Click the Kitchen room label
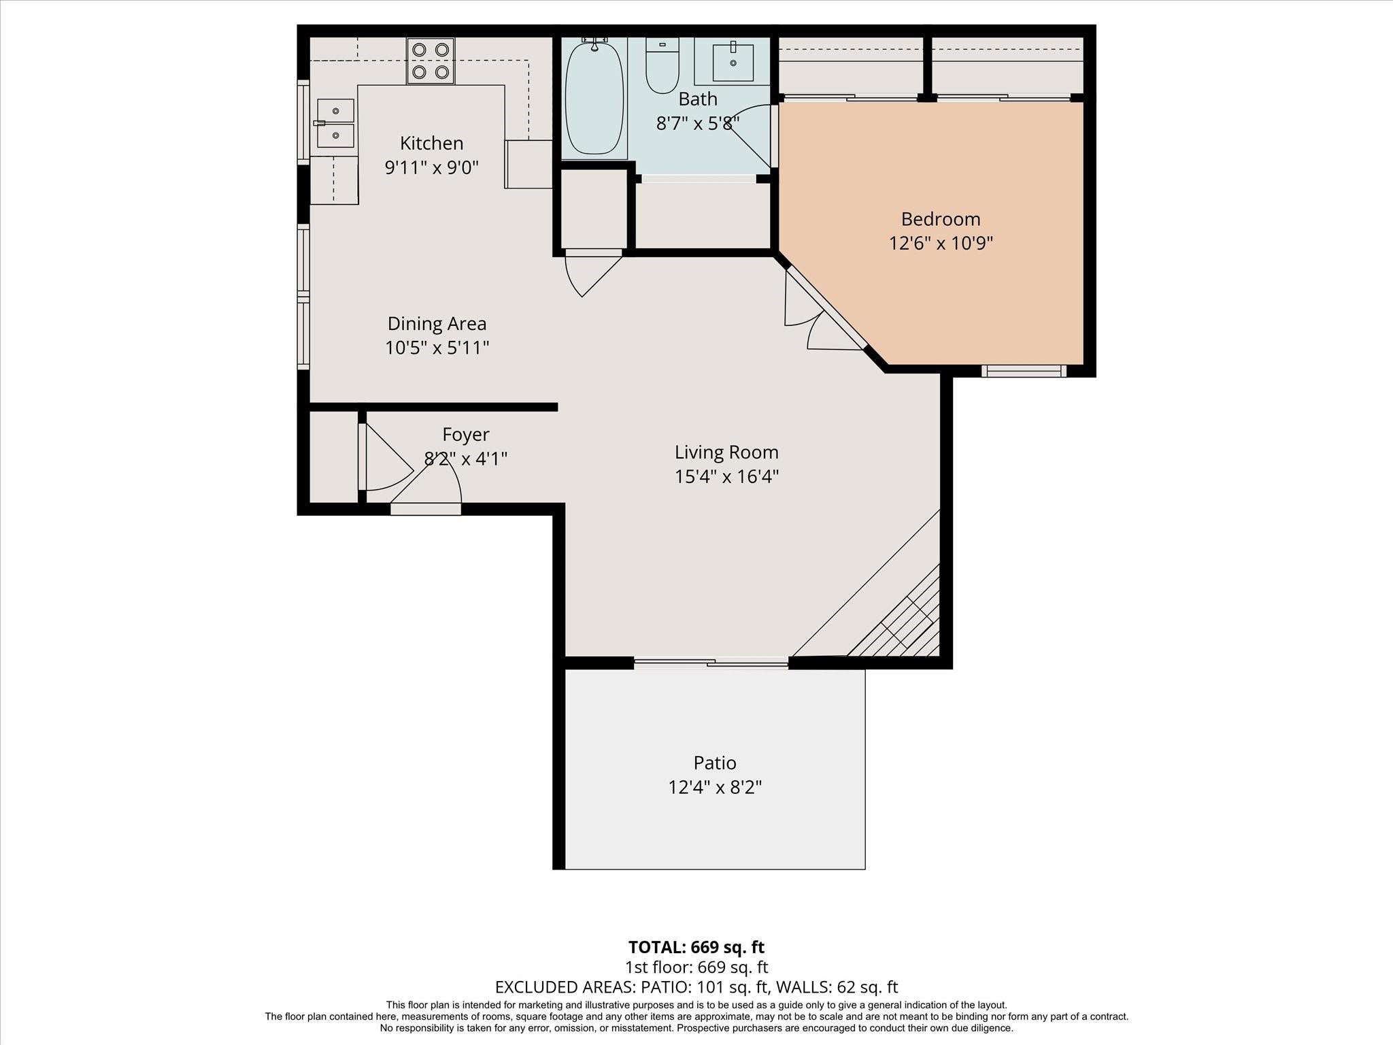(x=431, y=144)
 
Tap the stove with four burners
(x=431, y=61)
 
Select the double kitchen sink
(x=336, y=123)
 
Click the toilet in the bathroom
(x=662, y=65)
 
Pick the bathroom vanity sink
(x=733, y=61)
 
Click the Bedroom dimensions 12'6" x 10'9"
(x=941, y=244)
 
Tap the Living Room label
(x=726, y=452)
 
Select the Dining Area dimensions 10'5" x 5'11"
(x=437, y=348)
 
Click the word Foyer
(x=466, y=435)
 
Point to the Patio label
(x=715, y=763)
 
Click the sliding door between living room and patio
(x=711, y=661)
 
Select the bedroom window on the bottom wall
(x=1024, y=371)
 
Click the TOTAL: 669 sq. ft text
(x=696, y=947)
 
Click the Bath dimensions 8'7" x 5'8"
(x=698, y=124)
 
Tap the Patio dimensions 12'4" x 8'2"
(x=715, y=787)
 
